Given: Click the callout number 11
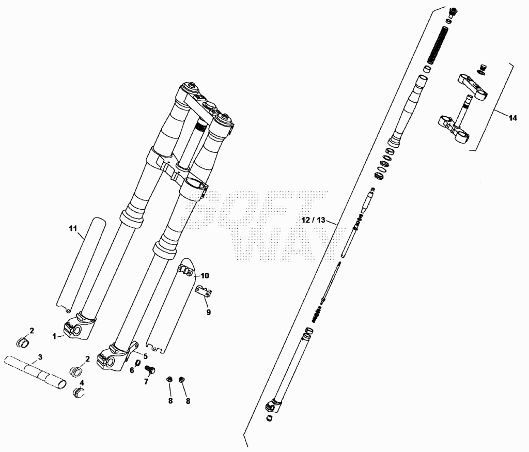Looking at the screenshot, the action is point(73,228).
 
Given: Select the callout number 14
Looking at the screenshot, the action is point(512,118).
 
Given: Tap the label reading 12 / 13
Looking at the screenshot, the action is point(314,220).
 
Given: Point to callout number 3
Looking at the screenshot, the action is point(40,356).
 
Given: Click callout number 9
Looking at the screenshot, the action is point(209,313).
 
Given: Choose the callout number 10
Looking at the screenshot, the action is point(205,275).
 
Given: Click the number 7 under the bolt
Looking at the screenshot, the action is point(146,382).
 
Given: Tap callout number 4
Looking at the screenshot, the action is point(82,383).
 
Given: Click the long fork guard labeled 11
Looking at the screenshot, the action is point(81,263).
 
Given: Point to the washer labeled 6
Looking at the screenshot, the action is point(138,364).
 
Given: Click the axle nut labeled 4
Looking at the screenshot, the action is point(79,392).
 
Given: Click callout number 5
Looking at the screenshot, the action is point(145,356).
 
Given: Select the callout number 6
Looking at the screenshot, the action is point(132,370).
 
